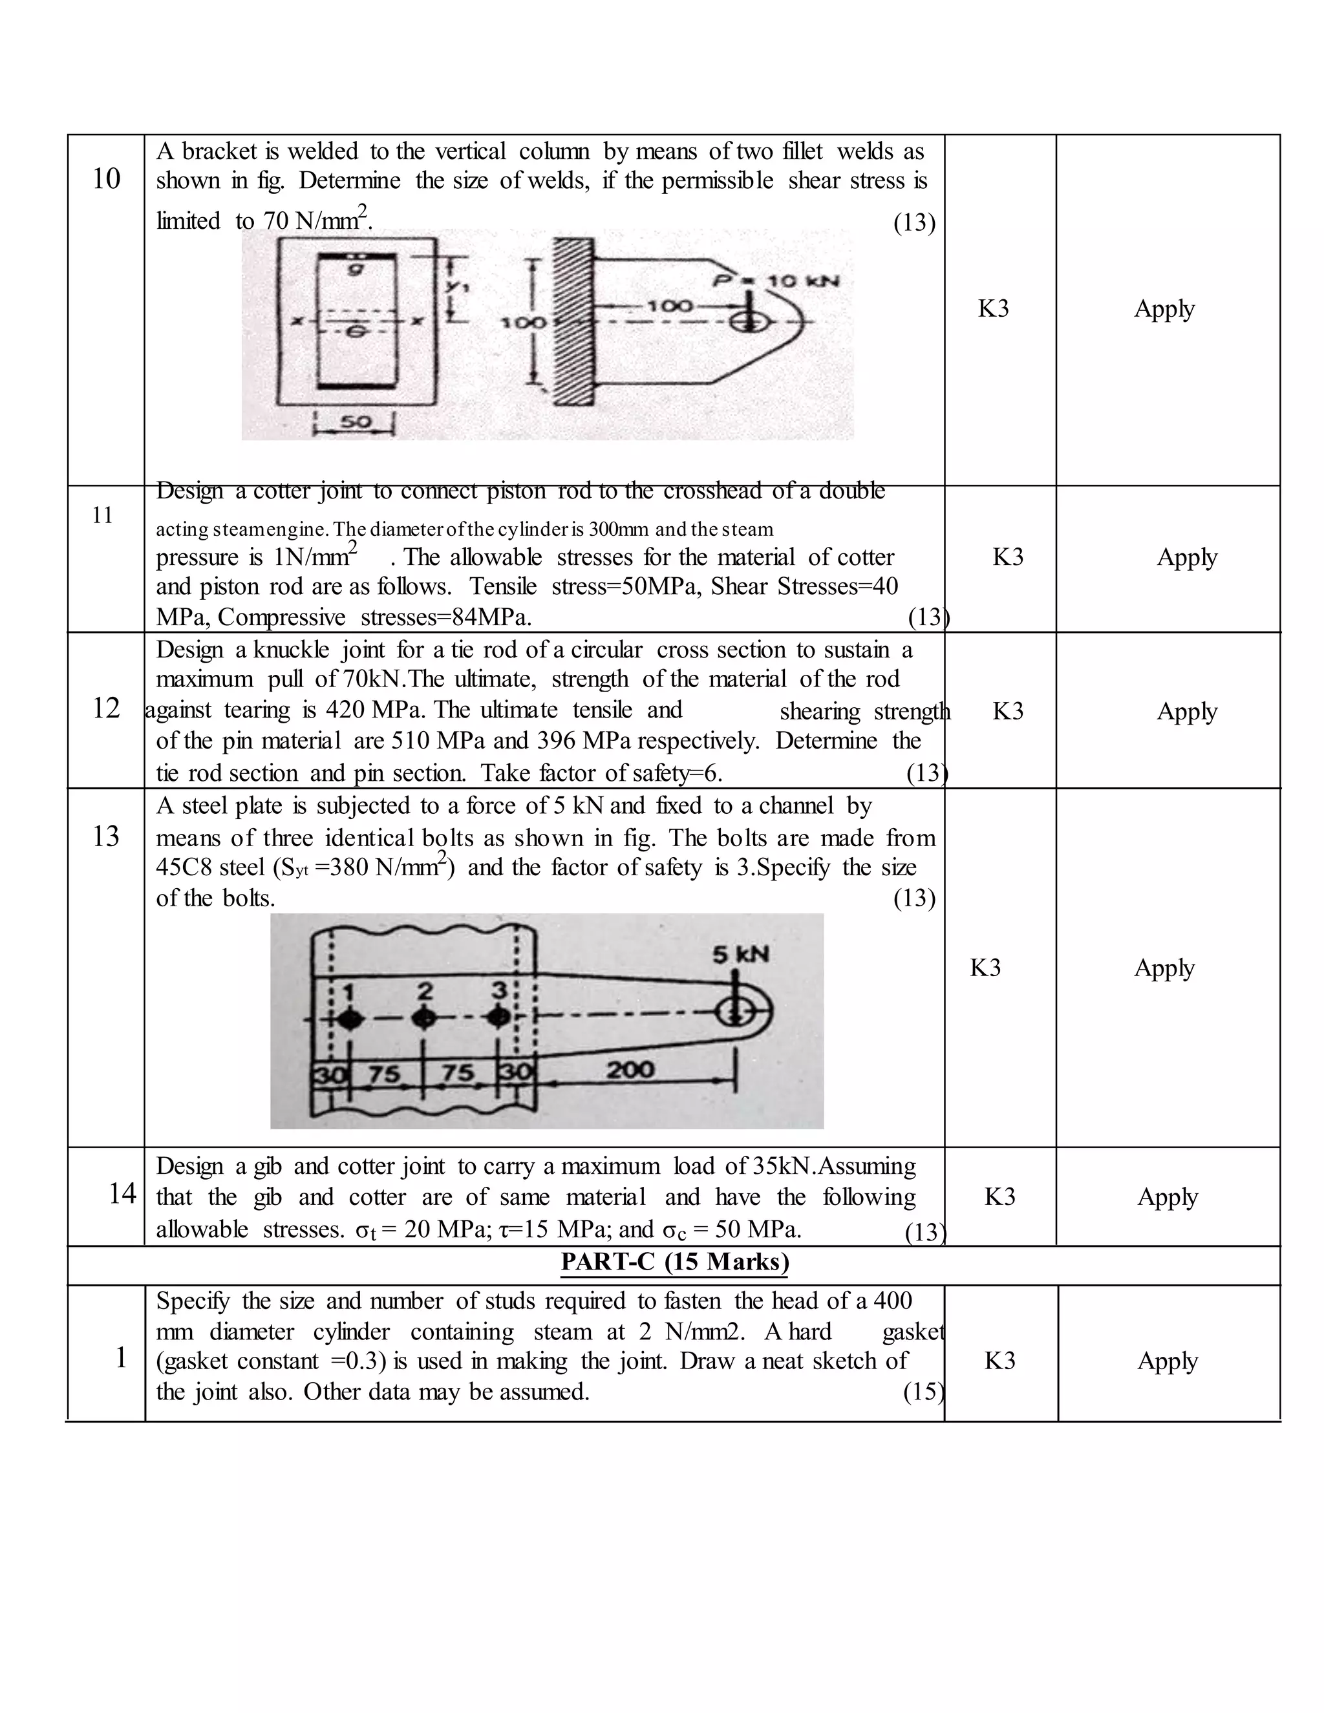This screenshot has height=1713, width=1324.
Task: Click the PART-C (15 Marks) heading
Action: [x=674, y=1262]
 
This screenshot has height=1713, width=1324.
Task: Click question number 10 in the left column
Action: [x=106, y=179]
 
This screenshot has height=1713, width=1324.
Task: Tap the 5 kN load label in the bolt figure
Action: [x=740, y=955]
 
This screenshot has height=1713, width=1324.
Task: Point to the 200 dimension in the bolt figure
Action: [x=630, y=1069]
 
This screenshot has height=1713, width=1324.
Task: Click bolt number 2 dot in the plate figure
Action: [x=424, y=1018]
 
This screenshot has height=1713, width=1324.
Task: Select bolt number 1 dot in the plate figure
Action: [x=350, y=1018]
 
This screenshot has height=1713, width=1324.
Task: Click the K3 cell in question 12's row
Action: [x=1007, y=710]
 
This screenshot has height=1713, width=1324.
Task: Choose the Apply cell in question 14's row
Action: [x=1167, y=1197]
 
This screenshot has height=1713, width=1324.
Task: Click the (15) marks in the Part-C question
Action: [x=923, y=1392]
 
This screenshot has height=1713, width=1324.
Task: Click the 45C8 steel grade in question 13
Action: [x=184, y=868]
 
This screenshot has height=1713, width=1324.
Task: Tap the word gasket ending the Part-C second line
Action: [x=912, y=1332]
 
